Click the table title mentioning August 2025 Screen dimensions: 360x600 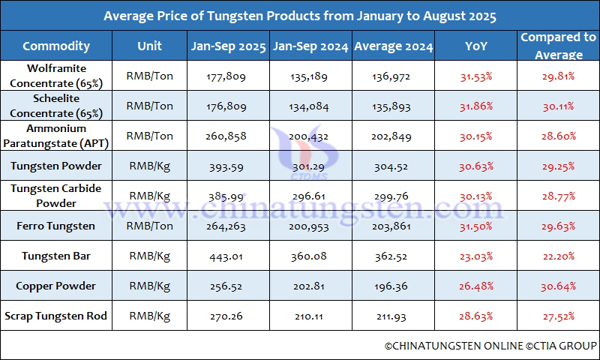click(x=299, y=16)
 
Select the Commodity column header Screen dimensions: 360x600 click(x=56, y=46)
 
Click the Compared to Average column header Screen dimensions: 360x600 click(x=558, y=46)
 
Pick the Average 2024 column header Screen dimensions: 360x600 click(x=393, y=46)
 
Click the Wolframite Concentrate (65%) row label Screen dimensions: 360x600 click(x=56, y=76)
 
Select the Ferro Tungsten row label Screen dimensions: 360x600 click(x=56, y=226)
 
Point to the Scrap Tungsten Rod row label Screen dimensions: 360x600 click(x=56, y=316)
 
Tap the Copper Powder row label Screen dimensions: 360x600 click(x=56, y=286)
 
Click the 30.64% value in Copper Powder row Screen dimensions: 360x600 click(x=558, y=286)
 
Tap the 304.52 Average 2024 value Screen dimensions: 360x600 click(x=393, y=166)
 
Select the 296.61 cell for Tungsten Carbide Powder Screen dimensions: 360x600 click(x=310, y=196)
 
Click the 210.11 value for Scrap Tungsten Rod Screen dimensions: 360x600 click(x=310, y=316)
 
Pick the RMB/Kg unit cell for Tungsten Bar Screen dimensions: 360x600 click(x=149, y=256)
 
